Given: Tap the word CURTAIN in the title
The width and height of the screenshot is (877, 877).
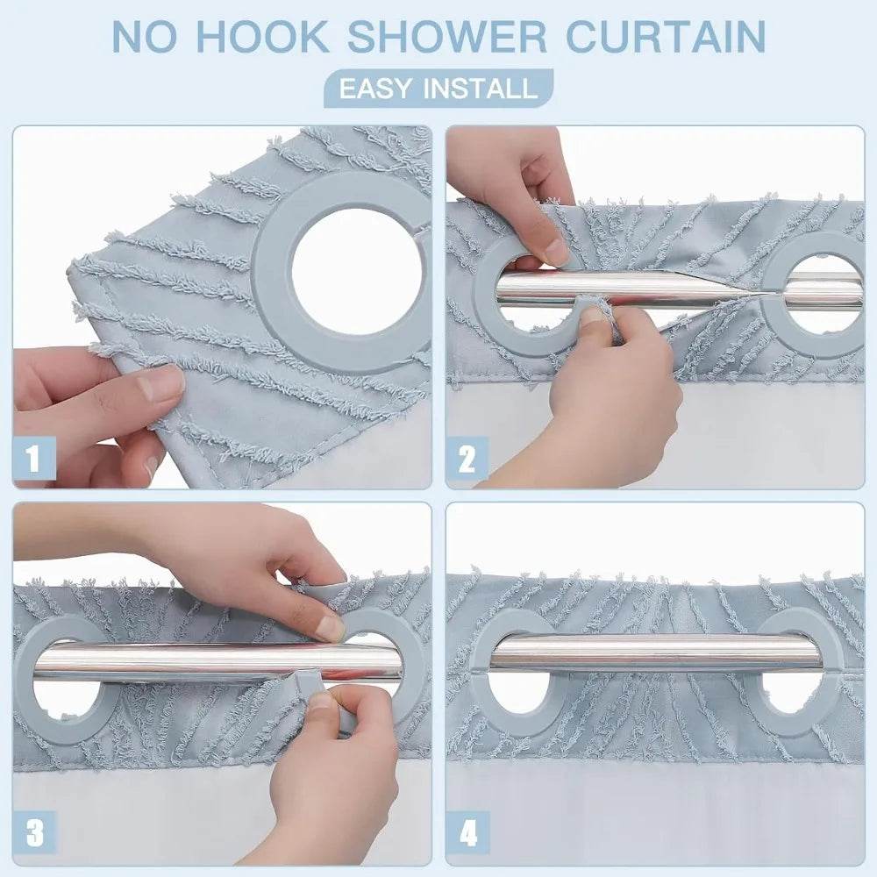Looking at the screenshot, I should [665, 36].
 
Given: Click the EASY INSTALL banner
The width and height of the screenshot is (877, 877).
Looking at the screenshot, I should [438, 89].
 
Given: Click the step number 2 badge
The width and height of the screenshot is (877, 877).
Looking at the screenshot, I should [467, 458].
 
